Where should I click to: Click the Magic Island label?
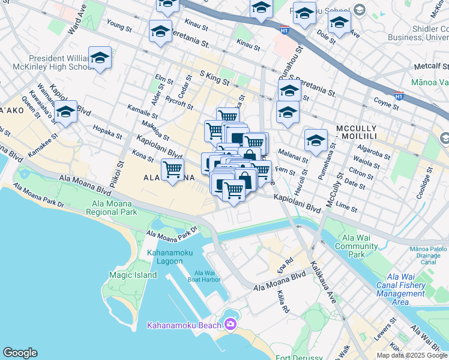pos(133,275)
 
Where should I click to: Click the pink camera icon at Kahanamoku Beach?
pos(230,325)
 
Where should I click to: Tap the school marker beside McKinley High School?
pos(100,58)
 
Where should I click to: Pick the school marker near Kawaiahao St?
pos(65,112)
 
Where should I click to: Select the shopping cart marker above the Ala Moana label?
pos(173,169)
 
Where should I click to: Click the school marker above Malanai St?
pos(316,140)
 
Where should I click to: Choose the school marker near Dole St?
pos(339,23)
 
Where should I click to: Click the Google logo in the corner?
pos(20,353)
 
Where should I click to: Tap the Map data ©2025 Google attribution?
pos(412,355)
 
